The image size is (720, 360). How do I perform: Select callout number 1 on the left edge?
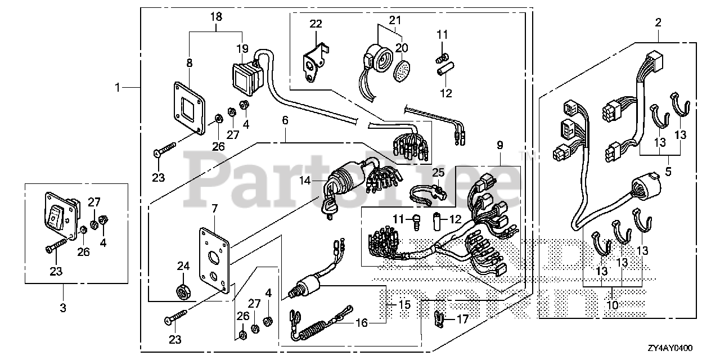pyautogui.click(x=118, y=87)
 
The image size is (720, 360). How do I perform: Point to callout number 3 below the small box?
pyautogui.click(x=63, y=308)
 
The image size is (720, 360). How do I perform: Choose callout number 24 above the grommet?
pyautogui.click(x=183, y=265)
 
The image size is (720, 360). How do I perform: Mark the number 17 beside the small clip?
pyautogui.click(x=462, y=319)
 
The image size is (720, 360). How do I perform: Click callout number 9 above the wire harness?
pyautogui.click(x=499, y=145)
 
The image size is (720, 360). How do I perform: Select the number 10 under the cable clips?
pyautogui.click(x=612, y=305)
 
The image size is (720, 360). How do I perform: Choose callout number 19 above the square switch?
pyautogui.click(x=242, y=48)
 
